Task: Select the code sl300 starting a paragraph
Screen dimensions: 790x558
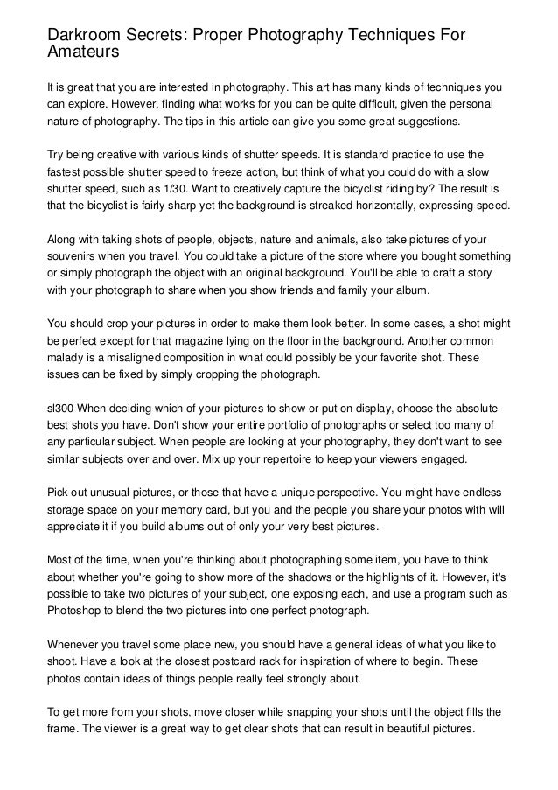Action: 61,408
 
